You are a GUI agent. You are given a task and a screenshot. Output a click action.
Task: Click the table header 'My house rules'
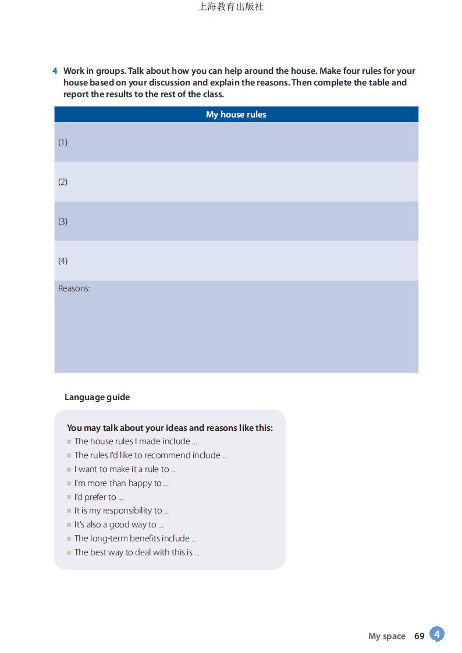[236, 115]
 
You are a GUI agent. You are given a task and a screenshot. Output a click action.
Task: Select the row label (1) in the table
[63, 142]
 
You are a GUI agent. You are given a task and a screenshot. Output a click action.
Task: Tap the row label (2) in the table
[63, 182]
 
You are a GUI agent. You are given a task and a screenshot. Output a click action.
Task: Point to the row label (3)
[63, 222]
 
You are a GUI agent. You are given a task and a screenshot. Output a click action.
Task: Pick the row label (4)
[63, 261]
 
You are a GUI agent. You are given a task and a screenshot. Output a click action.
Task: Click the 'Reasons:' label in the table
[74, 288]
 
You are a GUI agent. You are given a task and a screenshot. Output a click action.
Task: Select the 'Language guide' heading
[97, 397]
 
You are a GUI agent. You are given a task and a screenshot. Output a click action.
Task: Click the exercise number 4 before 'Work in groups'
[55, 71]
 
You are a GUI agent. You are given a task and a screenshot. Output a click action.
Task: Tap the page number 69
[419, 636]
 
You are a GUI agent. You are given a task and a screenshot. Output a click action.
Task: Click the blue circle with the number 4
[437, 634]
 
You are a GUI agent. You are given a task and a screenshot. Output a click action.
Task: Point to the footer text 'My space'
[386, 636]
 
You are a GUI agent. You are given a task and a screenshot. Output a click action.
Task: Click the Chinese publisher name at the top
[230, 7]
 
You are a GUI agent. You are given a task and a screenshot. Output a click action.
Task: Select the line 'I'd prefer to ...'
[98, 497]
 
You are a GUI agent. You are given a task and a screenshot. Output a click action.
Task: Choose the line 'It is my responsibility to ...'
[121, 511]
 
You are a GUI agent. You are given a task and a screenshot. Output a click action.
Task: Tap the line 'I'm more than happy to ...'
[121, 483]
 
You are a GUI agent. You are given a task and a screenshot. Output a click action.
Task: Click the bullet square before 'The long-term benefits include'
[69, 539]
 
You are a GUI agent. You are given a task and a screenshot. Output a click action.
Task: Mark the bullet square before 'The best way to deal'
[69, 553]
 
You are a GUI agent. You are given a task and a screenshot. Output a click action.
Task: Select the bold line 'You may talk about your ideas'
[169, 428]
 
